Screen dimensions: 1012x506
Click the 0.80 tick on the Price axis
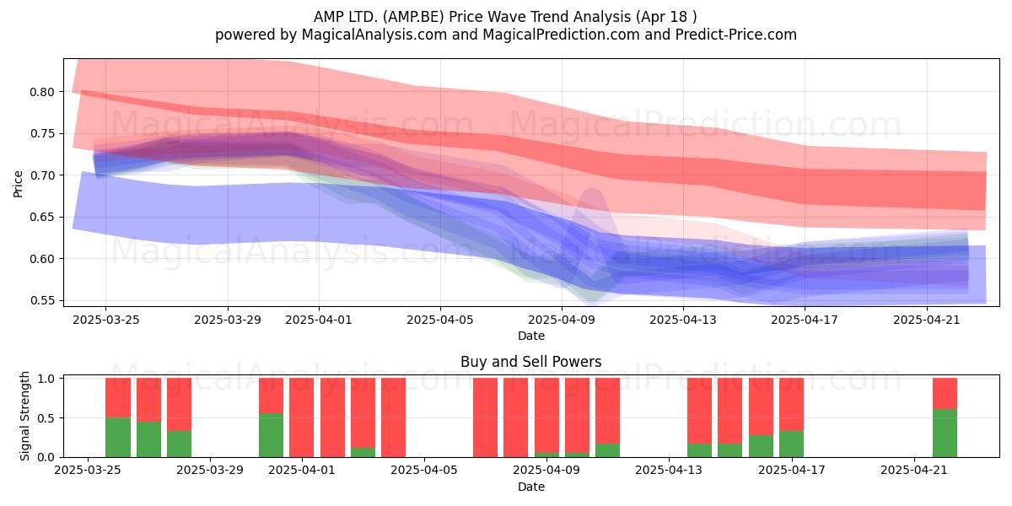[41, 92]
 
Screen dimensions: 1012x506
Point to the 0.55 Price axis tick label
[41, 301]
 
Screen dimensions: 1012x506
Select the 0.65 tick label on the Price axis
[41, 218]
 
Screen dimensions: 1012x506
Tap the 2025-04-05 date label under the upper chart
[440, 320]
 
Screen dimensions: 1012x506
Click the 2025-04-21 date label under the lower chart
[914, 470]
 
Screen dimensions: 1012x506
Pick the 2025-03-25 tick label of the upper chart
[106, 320]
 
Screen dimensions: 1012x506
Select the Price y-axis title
[18, 184]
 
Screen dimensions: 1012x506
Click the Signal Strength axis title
[24, 416]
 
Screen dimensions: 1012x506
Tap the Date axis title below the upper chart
[531, 336]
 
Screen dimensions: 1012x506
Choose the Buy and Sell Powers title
[531, 362]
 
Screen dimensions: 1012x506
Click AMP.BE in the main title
[413, 17]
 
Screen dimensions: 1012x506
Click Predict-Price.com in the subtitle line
[736, 35]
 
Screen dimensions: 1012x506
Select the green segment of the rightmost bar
[945, 433]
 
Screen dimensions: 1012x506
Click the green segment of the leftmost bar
[118, 438]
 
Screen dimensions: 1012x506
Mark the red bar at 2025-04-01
[301, 417]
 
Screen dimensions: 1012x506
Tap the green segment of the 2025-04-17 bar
[792, 444]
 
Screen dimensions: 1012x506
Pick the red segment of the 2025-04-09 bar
[546, 415]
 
